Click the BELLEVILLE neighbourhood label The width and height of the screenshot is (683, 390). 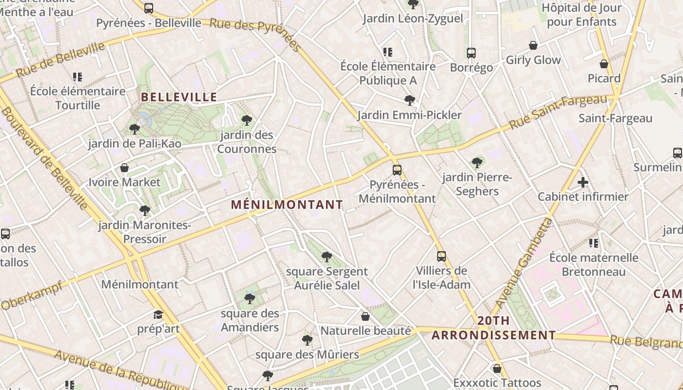click(179, 97)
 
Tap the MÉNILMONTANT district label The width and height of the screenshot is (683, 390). click(287, 205)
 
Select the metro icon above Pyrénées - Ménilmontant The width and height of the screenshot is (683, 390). click(397, 170)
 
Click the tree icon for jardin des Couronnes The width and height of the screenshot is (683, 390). click(247, 120)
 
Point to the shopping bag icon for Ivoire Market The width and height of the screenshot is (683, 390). click(124, 168)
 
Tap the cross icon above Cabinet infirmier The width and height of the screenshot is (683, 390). click(583, 183)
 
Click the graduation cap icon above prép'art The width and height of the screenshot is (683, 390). click(158, 314)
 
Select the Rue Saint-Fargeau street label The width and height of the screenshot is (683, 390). click(558, 112)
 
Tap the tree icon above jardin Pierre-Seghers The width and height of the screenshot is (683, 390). click(477, 163)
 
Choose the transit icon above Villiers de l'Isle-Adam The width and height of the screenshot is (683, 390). click(441, 256)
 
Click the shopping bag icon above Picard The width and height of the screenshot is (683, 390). click(604, 64)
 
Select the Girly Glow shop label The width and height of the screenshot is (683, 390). click(533, 60)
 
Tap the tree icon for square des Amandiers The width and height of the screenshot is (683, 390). click(250, 298)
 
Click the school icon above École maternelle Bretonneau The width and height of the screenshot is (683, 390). click(594, 243)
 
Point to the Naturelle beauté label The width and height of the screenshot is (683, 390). click(365, 331)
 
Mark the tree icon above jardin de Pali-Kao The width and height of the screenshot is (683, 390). click(135, 129)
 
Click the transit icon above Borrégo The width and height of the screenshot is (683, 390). click(471, 53)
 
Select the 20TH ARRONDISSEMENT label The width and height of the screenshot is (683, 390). click(494, 328)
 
